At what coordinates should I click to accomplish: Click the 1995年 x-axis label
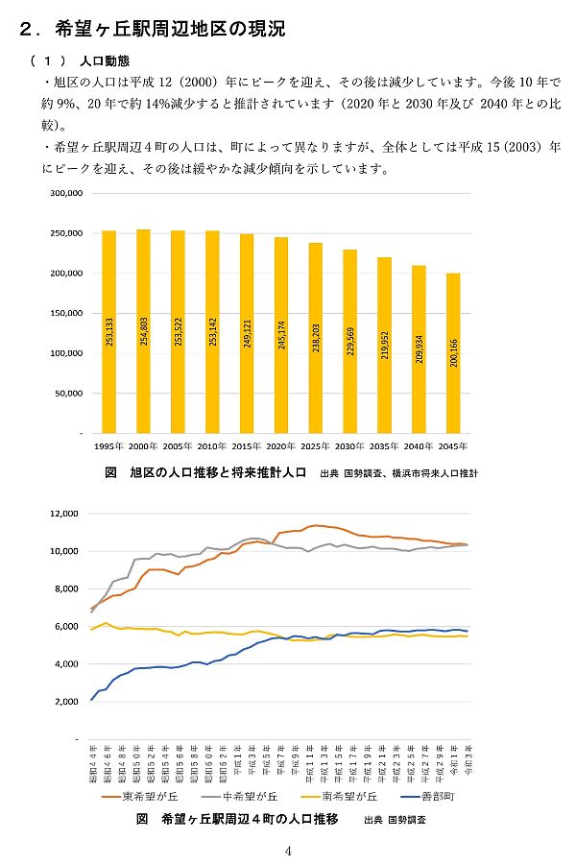108,446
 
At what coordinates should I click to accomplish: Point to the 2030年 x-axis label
349,446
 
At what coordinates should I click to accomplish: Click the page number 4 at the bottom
288,851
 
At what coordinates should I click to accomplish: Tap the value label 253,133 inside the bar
108,331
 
